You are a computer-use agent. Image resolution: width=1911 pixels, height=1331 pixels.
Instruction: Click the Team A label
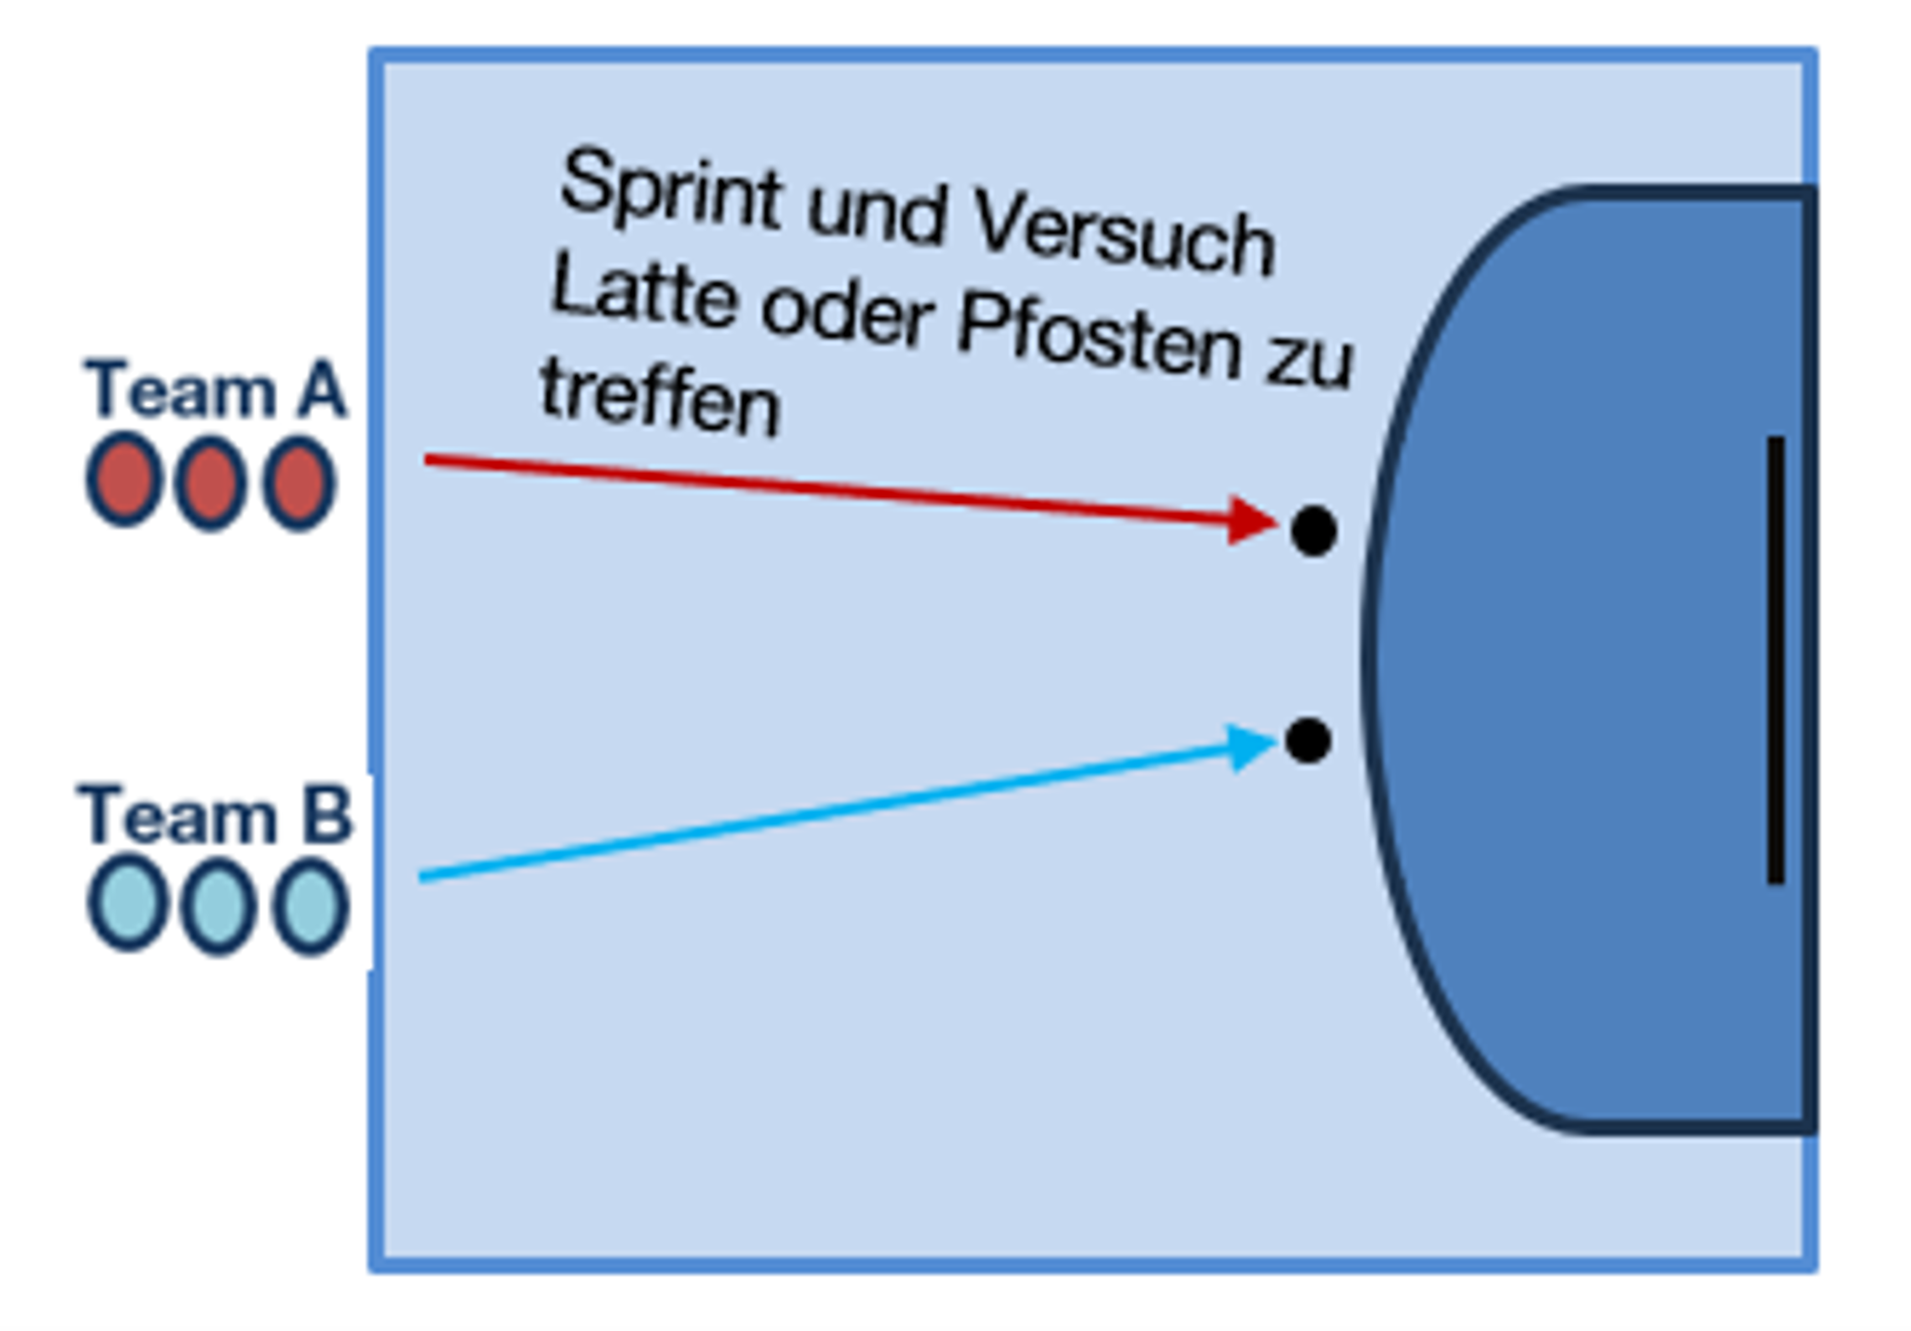click(215, 389)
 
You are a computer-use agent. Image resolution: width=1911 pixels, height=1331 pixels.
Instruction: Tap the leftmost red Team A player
click(124, 480)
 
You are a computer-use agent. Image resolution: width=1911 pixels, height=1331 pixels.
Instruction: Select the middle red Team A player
click(210, 483)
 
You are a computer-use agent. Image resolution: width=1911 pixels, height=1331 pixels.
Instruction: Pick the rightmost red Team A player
click(298, 483)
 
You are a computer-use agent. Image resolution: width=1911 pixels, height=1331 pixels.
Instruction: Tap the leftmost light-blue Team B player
click(127, 904)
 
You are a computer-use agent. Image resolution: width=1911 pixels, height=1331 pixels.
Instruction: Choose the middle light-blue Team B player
click(218, 905)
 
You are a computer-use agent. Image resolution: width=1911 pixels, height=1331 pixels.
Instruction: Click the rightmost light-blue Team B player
click(310, 906)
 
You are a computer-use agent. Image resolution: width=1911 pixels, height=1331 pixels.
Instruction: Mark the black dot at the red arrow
click(1313, 531)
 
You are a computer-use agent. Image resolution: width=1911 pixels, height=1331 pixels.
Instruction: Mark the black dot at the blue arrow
click(1308, 741)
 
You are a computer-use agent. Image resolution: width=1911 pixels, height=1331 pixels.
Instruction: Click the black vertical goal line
click(1774, 660)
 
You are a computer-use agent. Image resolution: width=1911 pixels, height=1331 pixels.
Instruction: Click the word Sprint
click(671, 191)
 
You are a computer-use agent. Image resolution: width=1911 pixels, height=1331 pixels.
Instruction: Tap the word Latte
click(644, 298)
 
